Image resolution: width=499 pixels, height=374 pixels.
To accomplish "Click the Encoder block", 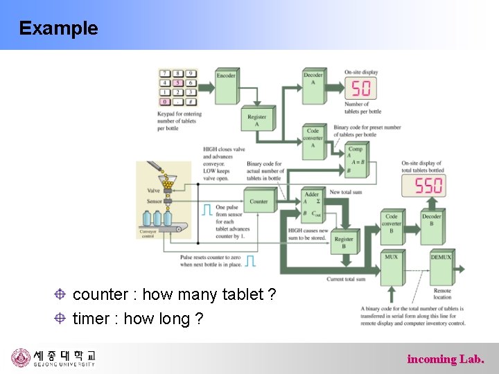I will pos(226,84).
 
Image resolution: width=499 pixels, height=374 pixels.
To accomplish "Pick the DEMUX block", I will pos(441,267).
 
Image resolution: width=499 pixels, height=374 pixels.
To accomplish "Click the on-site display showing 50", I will pos(361,88).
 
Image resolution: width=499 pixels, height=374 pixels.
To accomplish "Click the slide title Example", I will pos(59,28).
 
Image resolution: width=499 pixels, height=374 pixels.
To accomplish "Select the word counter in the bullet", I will pos(100,294).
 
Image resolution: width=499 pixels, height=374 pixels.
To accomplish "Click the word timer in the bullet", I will pos(91,319).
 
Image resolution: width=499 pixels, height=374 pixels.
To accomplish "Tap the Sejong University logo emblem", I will pos(21,358).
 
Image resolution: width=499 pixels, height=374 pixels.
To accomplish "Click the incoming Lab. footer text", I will pos(445,359).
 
